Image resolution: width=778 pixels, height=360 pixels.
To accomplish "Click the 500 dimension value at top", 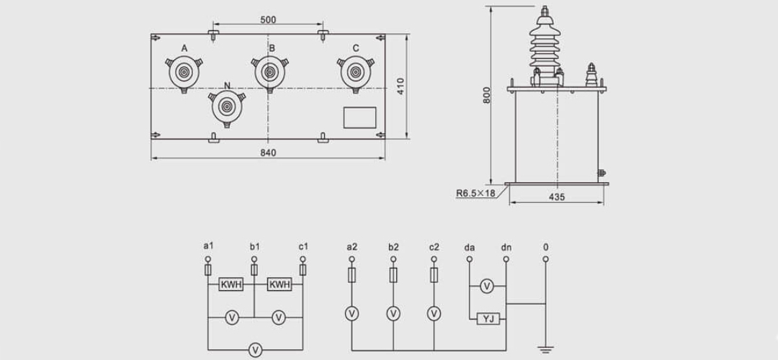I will click(268, 20).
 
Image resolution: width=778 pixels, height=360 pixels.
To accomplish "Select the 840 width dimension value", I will click(268, 153).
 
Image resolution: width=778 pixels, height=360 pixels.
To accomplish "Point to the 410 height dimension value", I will click(401, 86).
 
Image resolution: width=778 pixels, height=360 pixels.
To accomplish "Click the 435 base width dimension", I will click(556, 197).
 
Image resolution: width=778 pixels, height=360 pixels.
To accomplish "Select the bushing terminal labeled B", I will click(269, 72).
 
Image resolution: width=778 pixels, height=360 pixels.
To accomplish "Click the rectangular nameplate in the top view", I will click(359, 117).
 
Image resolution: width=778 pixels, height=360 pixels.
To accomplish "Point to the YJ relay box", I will click(488, 318).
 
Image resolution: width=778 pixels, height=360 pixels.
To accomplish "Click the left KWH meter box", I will click(231, 285).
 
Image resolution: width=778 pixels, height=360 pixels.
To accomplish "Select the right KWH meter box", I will click(279, 285).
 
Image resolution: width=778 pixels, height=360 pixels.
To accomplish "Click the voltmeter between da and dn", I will click(487, 287).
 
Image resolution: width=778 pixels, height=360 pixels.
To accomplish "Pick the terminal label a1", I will click(209, 247).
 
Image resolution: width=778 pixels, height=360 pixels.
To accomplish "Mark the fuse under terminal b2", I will click(393, 274).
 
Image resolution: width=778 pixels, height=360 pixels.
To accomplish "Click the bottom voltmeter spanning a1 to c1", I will click(254, 349).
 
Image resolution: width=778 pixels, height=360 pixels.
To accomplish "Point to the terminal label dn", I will click(506, 248).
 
